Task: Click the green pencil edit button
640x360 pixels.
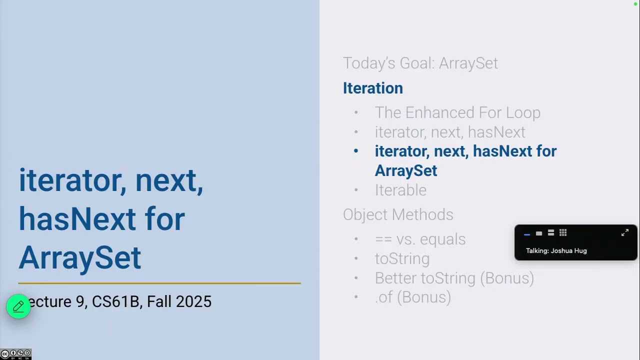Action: [x=18, y=306]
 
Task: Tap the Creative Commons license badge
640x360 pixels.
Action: [x=16, y=354]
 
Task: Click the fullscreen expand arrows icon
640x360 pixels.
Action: [x=624, y=233]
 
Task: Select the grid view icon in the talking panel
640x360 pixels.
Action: [x=563, y=233]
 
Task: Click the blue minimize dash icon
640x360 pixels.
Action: [x=526, y=234]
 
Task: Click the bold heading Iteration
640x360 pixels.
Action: [x=372, y=88]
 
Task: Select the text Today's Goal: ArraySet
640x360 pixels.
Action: [x=420, y=63]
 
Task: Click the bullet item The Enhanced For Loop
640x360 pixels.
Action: [x=457, y=113]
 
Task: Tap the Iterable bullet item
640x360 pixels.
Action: [x=400, y=190]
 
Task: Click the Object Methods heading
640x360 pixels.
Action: [x=398, y=214]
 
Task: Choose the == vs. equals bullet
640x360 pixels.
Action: [x=420, y=239]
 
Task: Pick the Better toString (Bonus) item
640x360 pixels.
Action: [x=454, y=278]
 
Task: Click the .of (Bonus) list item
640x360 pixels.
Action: [x=412, y=297]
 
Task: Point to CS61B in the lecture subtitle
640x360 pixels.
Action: [x=115, y=302]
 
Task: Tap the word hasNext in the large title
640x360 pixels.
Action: [x=77, y=219]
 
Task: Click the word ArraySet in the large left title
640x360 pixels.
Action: [x=80, y=258]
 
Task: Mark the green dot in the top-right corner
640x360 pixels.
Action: [x=635, y=4]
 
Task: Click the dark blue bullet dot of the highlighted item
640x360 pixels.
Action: [x=356, y=151]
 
